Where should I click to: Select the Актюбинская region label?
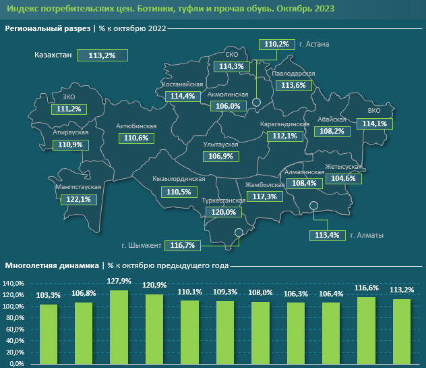click(136, 126)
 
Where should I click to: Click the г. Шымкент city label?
click(142, 244)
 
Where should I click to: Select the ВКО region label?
click(375, 111)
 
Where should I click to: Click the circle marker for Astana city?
click(256, 102)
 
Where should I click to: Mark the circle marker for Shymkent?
click(239, 234)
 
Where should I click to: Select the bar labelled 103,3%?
click(49, 334)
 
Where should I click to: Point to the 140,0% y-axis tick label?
click(14, 284)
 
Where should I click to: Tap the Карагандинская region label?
click(284, 124)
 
